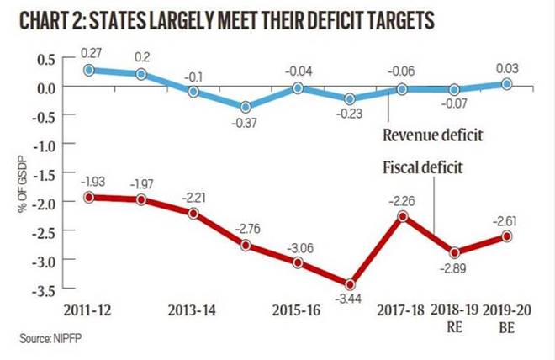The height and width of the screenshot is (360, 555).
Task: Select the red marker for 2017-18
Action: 403,216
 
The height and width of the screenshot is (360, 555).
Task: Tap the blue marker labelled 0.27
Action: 89,69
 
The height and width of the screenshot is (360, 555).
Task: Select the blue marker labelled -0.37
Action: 246,107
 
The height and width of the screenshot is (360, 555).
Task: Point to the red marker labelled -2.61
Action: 507,236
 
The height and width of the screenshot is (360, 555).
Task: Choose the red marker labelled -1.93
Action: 89,197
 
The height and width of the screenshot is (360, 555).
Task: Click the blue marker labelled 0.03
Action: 507,83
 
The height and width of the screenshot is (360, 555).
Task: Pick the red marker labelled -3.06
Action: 298,262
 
